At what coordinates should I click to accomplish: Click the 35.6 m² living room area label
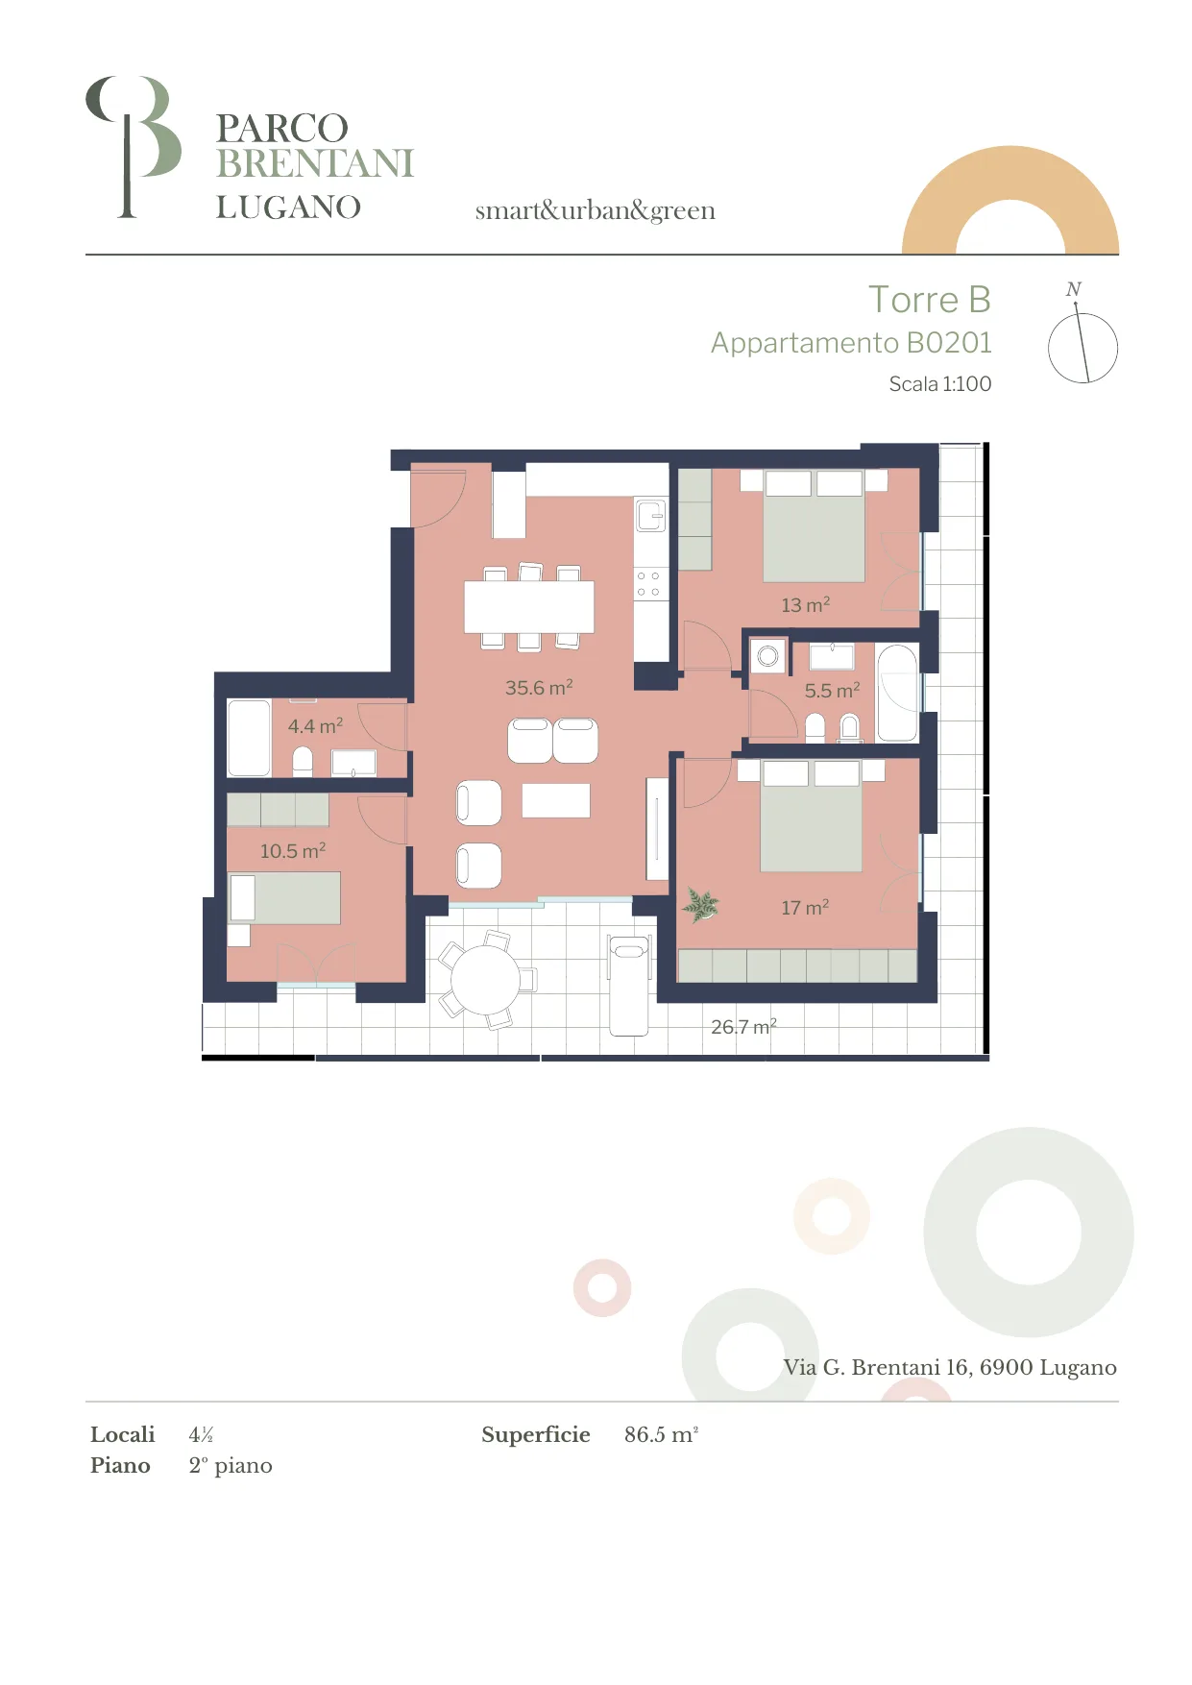point(539,688)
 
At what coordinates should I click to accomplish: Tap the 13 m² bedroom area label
point(805,605)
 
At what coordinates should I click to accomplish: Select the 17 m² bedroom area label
point(805,908)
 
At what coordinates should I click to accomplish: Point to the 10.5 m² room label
point(293,851)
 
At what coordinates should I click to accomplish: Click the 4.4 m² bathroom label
point(315,726)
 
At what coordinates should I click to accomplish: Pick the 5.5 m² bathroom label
point(832,691)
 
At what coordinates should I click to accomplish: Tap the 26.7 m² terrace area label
point(743,1027)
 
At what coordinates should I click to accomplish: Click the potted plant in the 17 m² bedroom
point(700,904)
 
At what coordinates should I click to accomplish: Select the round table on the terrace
point(486,980)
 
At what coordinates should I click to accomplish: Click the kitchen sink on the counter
point(650,516)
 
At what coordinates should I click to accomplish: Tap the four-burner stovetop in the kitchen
point(649,584)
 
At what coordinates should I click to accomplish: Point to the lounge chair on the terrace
point(629,985)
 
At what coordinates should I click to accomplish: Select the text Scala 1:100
point(940,384)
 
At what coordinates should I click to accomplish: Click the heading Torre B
point(930,300)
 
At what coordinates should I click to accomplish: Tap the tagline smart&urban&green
point(596,210)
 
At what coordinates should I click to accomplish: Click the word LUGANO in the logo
point(288,208)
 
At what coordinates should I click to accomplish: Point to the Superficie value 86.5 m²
point(661,1434)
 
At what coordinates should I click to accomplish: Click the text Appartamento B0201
point(851,343)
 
